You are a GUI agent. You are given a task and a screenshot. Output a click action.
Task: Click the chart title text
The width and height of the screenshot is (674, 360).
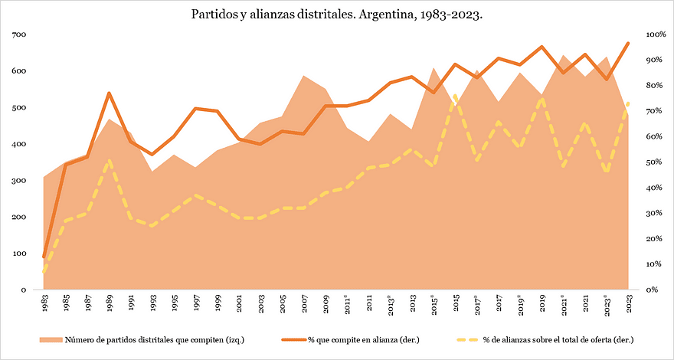337,15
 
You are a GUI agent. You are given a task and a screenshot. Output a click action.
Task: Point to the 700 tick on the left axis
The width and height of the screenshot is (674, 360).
19,34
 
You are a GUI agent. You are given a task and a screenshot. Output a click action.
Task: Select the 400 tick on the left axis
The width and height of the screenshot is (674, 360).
19,144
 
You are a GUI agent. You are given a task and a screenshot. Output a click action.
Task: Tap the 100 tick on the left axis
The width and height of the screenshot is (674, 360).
19,254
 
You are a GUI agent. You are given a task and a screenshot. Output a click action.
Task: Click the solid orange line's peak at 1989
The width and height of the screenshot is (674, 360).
110,93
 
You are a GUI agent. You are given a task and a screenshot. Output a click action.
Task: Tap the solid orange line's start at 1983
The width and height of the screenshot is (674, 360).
44,257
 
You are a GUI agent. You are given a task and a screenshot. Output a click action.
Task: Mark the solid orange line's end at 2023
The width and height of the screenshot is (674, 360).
629,43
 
